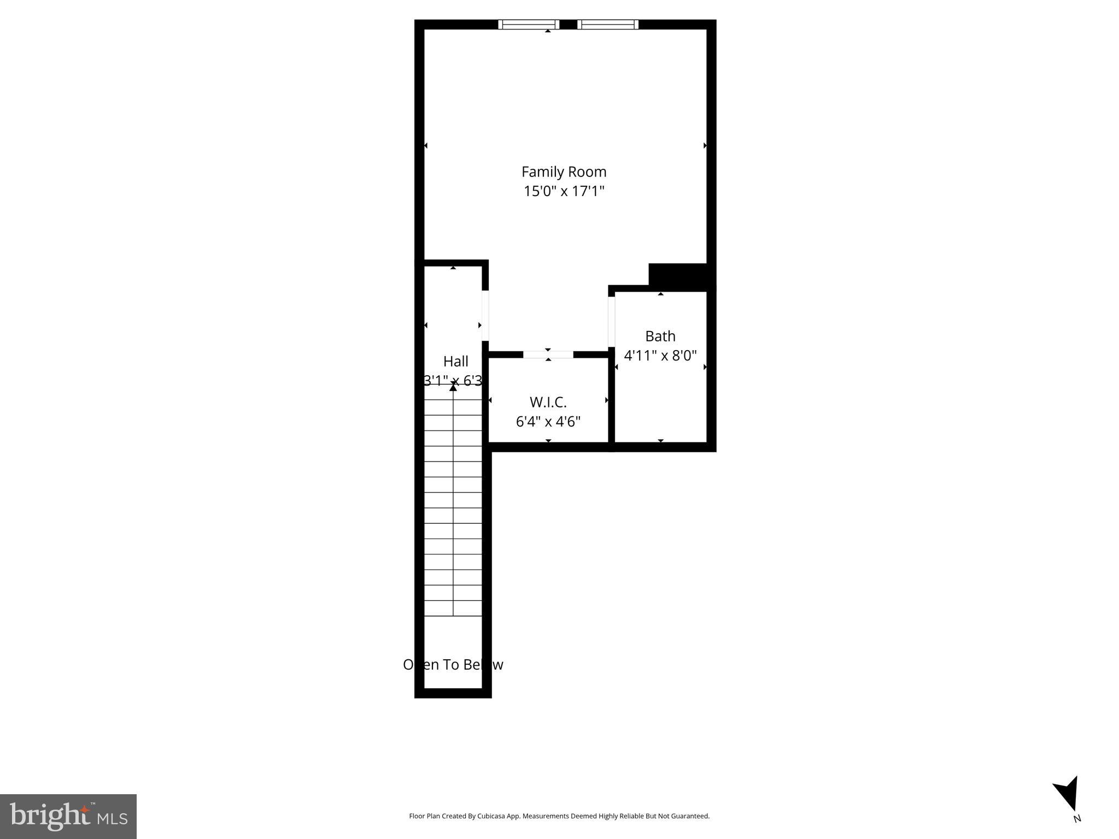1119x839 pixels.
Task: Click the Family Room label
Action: pos(564,172)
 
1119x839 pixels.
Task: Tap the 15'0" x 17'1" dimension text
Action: pos(564,191)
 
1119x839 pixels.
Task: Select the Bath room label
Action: pos(660,336)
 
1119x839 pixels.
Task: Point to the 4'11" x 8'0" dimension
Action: pos(660,356)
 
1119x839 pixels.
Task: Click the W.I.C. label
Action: pos(548,402)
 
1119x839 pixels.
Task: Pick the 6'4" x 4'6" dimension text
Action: pos(548,422)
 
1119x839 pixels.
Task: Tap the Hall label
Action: pos(455,361)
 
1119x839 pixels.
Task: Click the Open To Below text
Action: pos(453,664)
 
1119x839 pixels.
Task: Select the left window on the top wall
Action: pos(529,24)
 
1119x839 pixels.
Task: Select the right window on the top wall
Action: pos(607,24)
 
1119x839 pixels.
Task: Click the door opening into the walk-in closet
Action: pos(548,354)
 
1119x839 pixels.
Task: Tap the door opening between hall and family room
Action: pos(485,316)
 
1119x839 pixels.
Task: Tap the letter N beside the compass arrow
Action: pos(1077,818)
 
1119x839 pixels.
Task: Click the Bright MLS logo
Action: pos(68,816)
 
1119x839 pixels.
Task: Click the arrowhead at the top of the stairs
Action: pos(453,387)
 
